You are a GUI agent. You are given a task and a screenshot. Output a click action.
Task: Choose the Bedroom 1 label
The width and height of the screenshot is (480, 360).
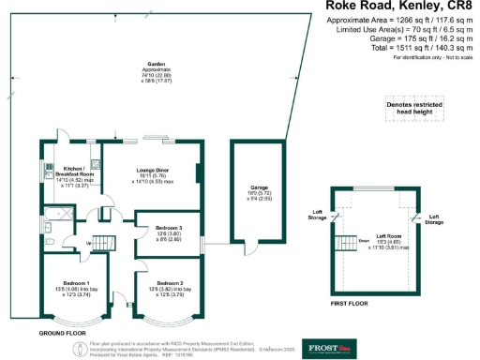76,287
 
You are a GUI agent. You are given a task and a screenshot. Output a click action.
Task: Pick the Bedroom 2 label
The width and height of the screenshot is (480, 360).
169,287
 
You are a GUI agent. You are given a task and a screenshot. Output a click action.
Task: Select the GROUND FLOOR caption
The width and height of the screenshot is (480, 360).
64,333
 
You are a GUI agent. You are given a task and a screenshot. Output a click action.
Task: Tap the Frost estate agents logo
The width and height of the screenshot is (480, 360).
324,348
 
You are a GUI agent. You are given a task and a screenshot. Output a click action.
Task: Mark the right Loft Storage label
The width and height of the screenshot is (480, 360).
433,219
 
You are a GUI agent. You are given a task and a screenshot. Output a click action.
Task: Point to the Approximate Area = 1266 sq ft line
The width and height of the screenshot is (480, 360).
401,21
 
